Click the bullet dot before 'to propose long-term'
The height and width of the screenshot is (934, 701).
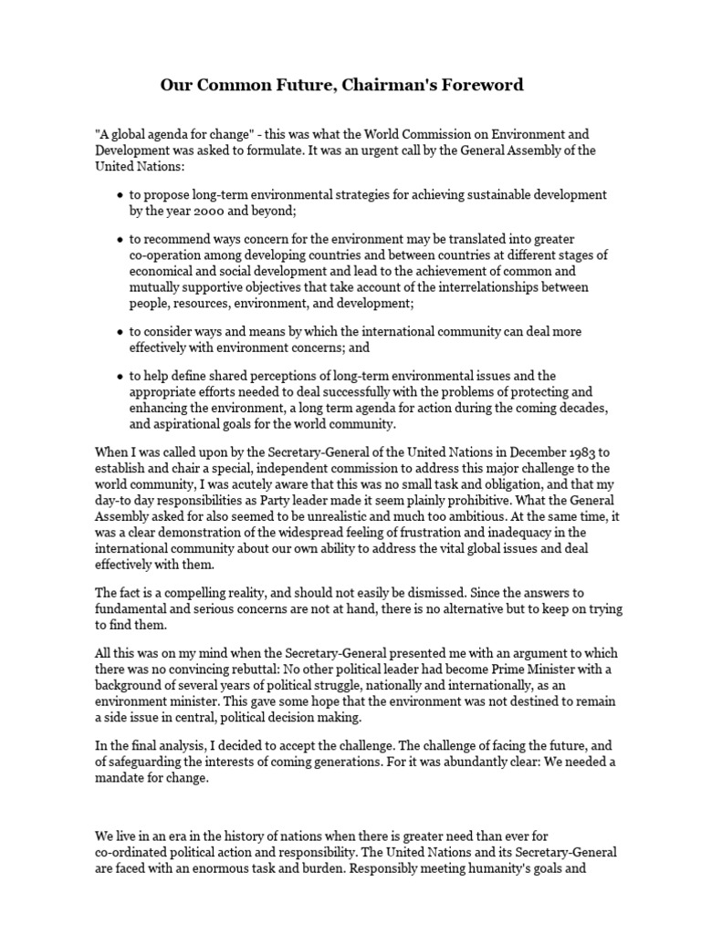[x=120, y=195]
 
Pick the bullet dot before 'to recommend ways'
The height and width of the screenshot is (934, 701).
[x=120, y=239]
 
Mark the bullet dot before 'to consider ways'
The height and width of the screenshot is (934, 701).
[x=120, y=331]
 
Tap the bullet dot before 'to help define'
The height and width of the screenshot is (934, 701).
[x=120, y=376]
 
